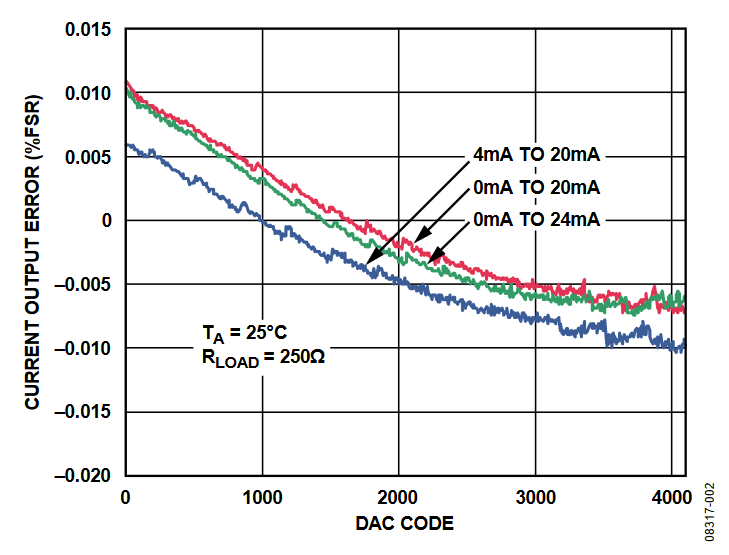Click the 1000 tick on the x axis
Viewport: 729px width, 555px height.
coord(262,497)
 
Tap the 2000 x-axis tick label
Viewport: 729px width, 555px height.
coord(399,497)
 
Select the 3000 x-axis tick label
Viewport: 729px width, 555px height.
coord(535,497)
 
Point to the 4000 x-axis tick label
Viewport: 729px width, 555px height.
coord(671,497)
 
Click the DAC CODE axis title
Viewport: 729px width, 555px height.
coord(404,523)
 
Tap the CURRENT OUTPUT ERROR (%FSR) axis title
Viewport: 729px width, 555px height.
coord(33,252)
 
